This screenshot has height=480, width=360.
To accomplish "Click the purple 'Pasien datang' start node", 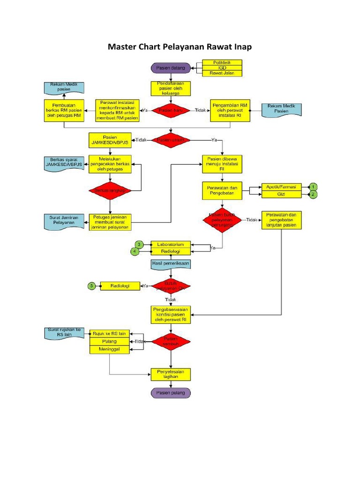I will [x=171, y=68].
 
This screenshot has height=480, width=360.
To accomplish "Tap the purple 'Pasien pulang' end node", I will [x=171, y=393].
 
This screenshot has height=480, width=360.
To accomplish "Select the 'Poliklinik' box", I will [x=222, y=62].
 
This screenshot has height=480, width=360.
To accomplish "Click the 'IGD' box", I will [x=222, y=68].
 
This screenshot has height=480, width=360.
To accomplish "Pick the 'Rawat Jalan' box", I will [x=222, y=73].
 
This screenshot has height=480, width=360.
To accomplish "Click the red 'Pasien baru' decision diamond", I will [x=171, y=110].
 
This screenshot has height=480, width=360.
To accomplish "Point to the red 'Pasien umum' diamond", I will [x=171, y=140].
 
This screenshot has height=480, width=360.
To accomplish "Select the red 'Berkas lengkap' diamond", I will [x=110, y=190].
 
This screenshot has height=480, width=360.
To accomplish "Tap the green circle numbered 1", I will [x=313, y=187].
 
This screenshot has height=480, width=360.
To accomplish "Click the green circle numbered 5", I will [x=92, y=285].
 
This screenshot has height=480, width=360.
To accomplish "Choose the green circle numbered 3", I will [x=139, y=244].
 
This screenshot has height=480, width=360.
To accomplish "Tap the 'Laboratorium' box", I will [x=171, y=244].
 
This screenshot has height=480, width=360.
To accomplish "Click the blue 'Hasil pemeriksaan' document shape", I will [x=171, y=264].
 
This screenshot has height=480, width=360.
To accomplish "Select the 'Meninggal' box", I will [x=109, y=350].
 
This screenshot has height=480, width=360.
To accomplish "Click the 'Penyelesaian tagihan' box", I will [x=171, y=374].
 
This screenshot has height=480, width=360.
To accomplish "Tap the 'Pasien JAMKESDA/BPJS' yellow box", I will [x=110, y=140].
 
